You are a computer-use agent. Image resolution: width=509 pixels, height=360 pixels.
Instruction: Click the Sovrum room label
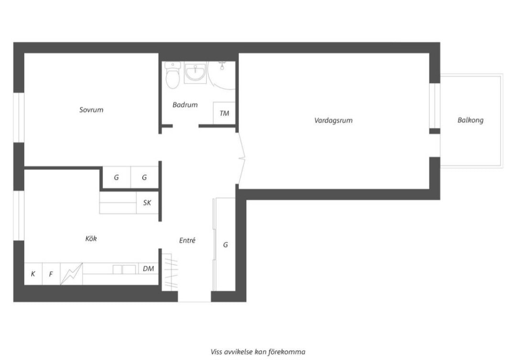pyautogui.click(x=91, y=110)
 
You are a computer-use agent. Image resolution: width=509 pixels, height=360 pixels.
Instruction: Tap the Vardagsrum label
pyautogui.click(x=333, y=120)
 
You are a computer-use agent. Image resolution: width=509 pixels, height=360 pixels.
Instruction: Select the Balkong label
pyautogui.click(x=470, y=120)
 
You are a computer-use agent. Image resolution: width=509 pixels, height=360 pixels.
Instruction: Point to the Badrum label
pyautogui.click(x=185, y=105)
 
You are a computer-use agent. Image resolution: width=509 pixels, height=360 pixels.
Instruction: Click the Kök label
pyautogui.click(x=91, y=239)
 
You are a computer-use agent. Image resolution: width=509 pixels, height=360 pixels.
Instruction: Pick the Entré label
pyautogui.click(x=187, y=240)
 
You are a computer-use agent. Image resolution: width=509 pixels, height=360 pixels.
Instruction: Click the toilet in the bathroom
pyautogui.click(x=172, y=75)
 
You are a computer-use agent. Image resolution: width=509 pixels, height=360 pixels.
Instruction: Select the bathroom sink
pyautogui.click(x=195, y=72)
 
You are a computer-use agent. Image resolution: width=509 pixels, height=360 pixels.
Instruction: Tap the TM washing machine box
pyautogui.click(x=224, y=113)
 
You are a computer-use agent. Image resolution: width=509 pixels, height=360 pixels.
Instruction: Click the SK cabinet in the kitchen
pyautogui.click(x=147, y=203)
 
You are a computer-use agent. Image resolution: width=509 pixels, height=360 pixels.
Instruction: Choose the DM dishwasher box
pyautogui.click(x=148, y=268)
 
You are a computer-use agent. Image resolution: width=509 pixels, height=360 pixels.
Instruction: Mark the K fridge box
pyautogui.click(x=33, y=274)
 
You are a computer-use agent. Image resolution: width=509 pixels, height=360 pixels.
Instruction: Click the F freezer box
pyautogui.click(x=51, y=274)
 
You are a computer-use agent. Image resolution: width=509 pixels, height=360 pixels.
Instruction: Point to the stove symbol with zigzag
pyautogui.click(x=72, y=274)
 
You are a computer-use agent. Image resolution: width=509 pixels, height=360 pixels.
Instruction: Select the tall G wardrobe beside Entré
pyautogui.click(x=224, y=244)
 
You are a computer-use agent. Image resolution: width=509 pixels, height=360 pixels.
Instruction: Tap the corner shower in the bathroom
pyautogui.click(x=222, y=75)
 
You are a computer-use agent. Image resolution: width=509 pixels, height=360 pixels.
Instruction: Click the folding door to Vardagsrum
pyautogui.click(x=242, y=159)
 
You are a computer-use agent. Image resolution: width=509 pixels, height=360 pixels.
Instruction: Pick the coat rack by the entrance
pyautogui.click(x=170, y=272)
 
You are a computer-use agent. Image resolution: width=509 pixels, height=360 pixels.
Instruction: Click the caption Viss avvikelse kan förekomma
pyautogui.click(x=258, y=352)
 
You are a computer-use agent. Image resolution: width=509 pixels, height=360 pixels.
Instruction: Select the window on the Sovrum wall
pyautogui.click(x=19, y=117)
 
